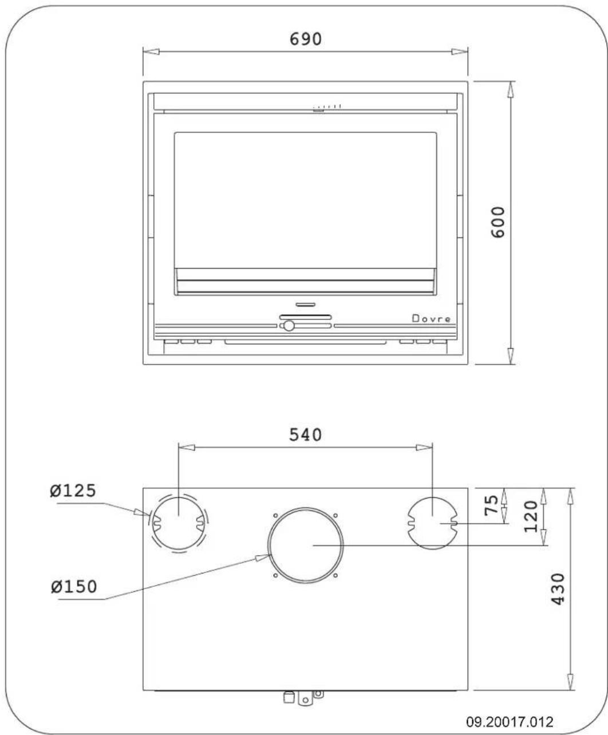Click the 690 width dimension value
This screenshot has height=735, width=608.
pyautogui.click(x=305, y=38)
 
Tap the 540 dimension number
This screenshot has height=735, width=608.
pyautogui.click(x=305, y=434)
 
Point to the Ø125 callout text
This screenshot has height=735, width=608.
pyautogui.click(x=72, y=491)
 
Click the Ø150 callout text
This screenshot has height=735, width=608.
pyautogui.click(x=72, y=587)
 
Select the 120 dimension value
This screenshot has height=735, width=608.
pyautogui.click(x=531, y=515)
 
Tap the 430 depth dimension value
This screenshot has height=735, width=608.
pyautogui.click(x=556, y=590)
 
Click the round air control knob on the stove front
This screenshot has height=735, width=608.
pyautogui.click(x=289, y=326)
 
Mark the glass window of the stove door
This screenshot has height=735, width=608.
pyautogui.click(x=305, y=200)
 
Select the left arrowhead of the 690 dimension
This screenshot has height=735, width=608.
pyautogui.click(x=151, y=52)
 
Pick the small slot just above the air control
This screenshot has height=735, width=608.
pyautogui.click(x=305, y=303)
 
